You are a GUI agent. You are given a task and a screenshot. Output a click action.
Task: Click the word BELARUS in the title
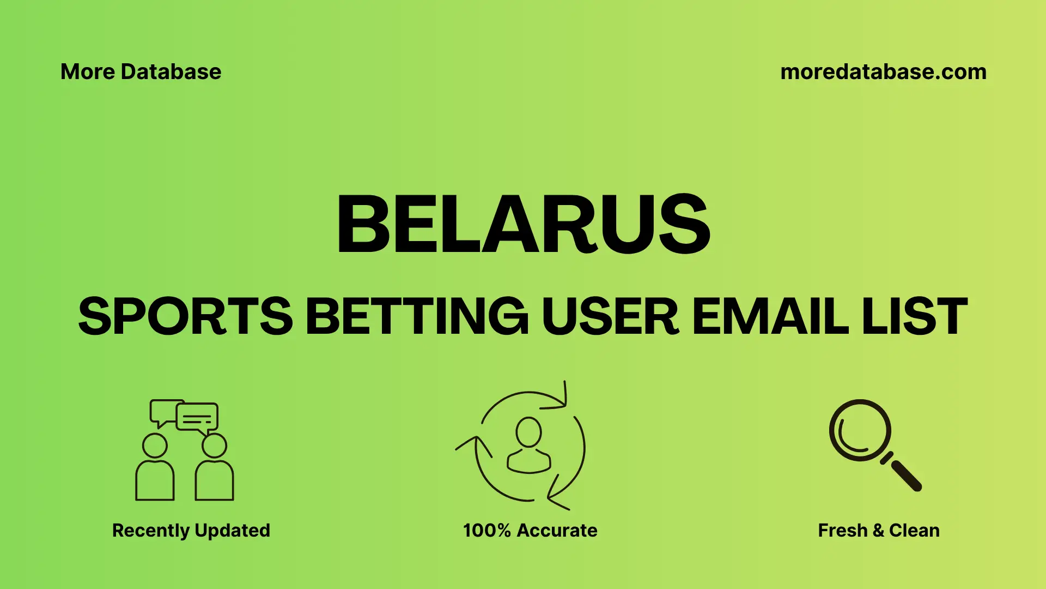523,224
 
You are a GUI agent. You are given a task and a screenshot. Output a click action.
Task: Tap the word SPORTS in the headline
185,316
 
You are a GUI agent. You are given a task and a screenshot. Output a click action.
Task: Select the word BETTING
417,316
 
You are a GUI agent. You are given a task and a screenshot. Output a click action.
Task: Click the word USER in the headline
610,316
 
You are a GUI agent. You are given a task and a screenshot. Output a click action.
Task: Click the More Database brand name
141,72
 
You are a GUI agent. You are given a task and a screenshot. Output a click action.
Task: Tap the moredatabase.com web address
883,72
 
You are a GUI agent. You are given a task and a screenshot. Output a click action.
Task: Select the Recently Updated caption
191,530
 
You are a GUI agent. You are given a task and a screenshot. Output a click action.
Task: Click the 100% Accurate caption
530,530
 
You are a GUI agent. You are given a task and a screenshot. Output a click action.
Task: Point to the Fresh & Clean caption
879,530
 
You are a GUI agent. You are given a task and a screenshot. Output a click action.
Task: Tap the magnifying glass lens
860,430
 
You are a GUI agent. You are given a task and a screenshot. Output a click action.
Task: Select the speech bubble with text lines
197,418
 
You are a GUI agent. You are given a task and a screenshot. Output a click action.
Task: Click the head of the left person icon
155,446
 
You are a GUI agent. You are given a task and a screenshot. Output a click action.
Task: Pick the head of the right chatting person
214,446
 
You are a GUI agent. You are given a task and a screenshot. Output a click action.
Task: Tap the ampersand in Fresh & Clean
878,531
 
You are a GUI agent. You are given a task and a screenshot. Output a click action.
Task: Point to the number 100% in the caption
486,530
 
